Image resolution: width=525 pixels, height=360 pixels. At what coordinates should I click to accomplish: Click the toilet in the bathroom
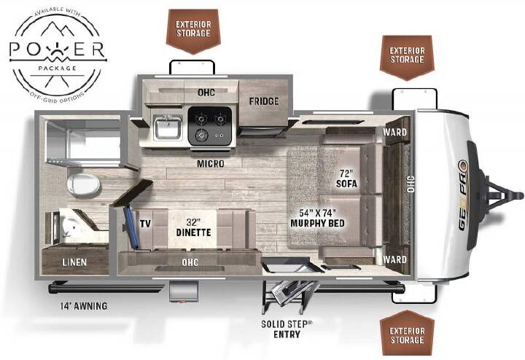coord(83,184)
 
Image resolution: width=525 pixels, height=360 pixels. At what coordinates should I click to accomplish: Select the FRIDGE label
coord(264,101)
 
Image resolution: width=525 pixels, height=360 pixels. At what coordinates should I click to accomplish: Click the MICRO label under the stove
coord(211,164)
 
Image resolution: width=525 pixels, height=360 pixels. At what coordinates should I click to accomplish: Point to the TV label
coord(145,224)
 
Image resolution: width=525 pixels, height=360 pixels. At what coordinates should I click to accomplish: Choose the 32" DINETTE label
coord(193,227)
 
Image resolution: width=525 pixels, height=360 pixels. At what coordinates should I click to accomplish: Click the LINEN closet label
coord(74,262)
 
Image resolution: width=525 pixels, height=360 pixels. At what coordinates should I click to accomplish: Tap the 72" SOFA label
coord(346,179)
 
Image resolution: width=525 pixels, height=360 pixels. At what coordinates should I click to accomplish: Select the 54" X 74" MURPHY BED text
coord(317,218)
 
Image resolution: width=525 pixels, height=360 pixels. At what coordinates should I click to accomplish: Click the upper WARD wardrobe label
coord(394,132)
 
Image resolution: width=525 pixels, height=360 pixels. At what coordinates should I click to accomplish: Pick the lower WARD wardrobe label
coord(394,259)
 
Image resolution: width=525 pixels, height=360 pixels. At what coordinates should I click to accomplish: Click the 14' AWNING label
coord(84,306)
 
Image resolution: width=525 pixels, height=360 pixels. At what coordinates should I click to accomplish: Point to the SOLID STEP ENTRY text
coord(287,329)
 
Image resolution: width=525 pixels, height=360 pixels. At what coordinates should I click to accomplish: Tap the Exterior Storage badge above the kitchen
coord(193,31)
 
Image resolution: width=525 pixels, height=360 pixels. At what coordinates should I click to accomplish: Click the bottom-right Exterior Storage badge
coord(407,333)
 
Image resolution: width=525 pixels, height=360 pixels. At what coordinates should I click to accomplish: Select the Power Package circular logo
coord(58,52)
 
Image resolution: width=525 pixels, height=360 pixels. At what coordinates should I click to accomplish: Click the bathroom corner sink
coord(72,226)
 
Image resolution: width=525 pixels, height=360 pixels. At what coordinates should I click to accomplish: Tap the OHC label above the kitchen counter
coord(206,93)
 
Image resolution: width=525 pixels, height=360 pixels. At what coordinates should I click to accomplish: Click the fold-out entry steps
coord(289,295)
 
